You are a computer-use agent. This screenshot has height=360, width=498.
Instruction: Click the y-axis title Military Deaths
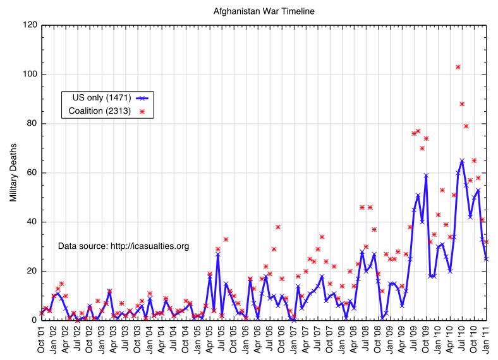click(13, 172)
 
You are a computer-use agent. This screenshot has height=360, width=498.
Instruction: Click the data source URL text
click(124, 246)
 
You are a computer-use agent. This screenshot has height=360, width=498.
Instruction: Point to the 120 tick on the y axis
click(29, 25)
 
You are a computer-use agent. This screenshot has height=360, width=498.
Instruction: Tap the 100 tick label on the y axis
click(29, 75)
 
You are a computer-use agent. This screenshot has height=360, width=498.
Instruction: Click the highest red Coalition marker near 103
click(458, 67)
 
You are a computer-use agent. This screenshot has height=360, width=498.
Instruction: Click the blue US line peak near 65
click(462, 160)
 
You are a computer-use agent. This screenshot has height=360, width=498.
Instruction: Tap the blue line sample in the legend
click(143, 98)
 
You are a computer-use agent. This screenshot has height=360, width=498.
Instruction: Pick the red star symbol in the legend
click(142, 111)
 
